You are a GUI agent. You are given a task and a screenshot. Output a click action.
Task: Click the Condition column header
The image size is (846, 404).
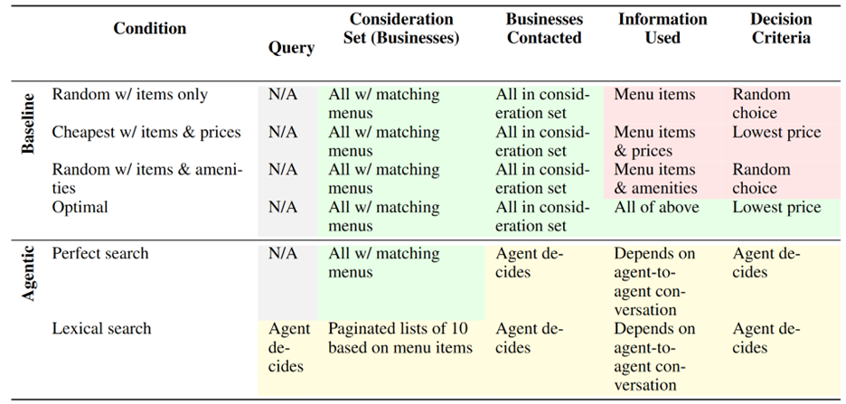149,29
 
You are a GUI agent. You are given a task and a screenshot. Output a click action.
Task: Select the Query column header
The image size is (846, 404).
291,48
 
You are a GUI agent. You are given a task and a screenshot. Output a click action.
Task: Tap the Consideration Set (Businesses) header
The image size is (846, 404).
401,29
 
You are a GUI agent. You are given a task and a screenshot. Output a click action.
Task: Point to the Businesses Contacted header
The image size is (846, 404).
543,29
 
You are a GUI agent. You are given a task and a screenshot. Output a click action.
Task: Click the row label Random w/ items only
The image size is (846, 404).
130,95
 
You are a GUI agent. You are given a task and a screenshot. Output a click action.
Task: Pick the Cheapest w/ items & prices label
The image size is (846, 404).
146,133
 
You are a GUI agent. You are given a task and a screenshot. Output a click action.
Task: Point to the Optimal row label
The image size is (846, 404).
80,208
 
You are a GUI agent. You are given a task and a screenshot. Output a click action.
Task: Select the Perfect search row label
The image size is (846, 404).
100,254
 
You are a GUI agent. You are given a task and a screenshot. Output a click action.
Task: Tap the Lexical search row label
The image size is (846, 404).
102,329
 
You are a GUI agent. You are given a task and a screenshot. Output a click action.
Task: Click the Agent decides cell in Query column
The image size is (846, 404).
289,347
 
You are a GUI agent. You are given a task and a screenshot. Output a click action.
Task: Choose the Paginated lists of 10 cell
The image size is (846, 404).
399,338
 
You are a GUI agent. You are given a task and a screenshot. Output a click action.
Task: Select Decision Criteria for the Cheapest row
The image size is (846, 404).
776,133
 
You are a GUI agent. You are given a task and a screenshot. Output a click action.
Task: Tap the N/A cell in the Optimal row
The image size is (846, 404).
283,208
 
